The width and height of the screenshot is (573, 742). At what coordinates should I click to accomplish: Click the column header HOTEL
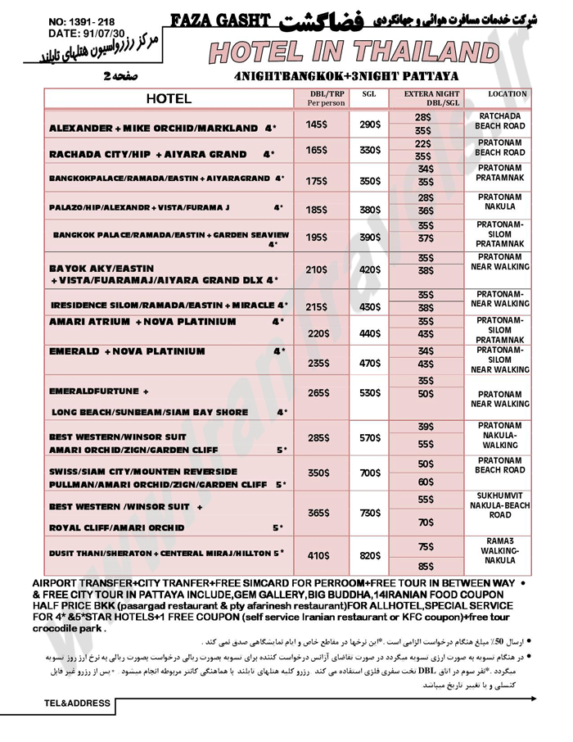pyautogui.click(x=169, y=99)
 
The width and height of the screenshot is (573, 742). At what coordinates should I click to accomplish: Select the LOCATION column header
pyautogui.click(x=507, y=94)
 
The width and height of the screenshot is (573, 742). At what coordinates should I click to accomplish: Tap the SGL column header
pyautogui.click(x=369, y=94)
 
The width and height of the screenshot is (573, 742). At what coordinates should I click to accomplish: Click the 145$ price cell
pyautogui.click(x=316, y=124)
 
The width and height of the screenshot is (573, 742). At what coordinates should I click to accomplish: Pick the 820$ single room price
pyautogui.click(x=370, y=555)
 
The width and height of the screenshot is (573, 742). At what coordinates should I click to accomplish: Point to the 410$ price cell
pyautogui.click(x=317, y=555)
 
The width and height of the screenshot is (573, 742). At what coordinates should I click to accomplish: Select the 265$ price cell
pyautogui.click(x=317, y=393)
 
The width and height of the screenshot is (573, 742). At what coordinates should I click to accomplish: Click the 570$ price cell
pyautogui.click(x=370, y=437)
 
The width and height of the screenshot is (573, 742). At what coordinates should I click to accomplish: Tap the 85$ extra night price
pyautogui.click(x=426, y=566)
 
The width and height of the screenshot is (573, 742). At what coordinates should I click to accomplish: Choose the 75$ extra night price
pyautogui.click(x=426, y=546)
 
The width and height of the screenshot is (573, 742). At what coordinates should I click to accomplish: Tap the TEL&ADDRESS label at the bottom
pyautogui.click(x=77, y=703)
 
